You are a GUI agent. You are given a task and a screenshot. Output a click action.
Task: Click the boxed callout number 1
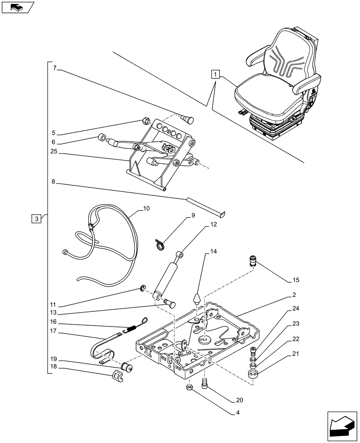coord(215,74)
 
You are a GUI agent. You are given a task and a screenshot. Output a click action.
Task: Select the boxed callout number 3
coord(37,218)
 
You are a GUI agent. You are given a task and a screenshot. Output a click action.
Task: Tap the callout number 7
coord(55,68)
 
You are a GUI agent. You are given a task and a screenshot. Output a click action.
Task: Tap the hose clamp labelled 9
coord(160,243)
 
